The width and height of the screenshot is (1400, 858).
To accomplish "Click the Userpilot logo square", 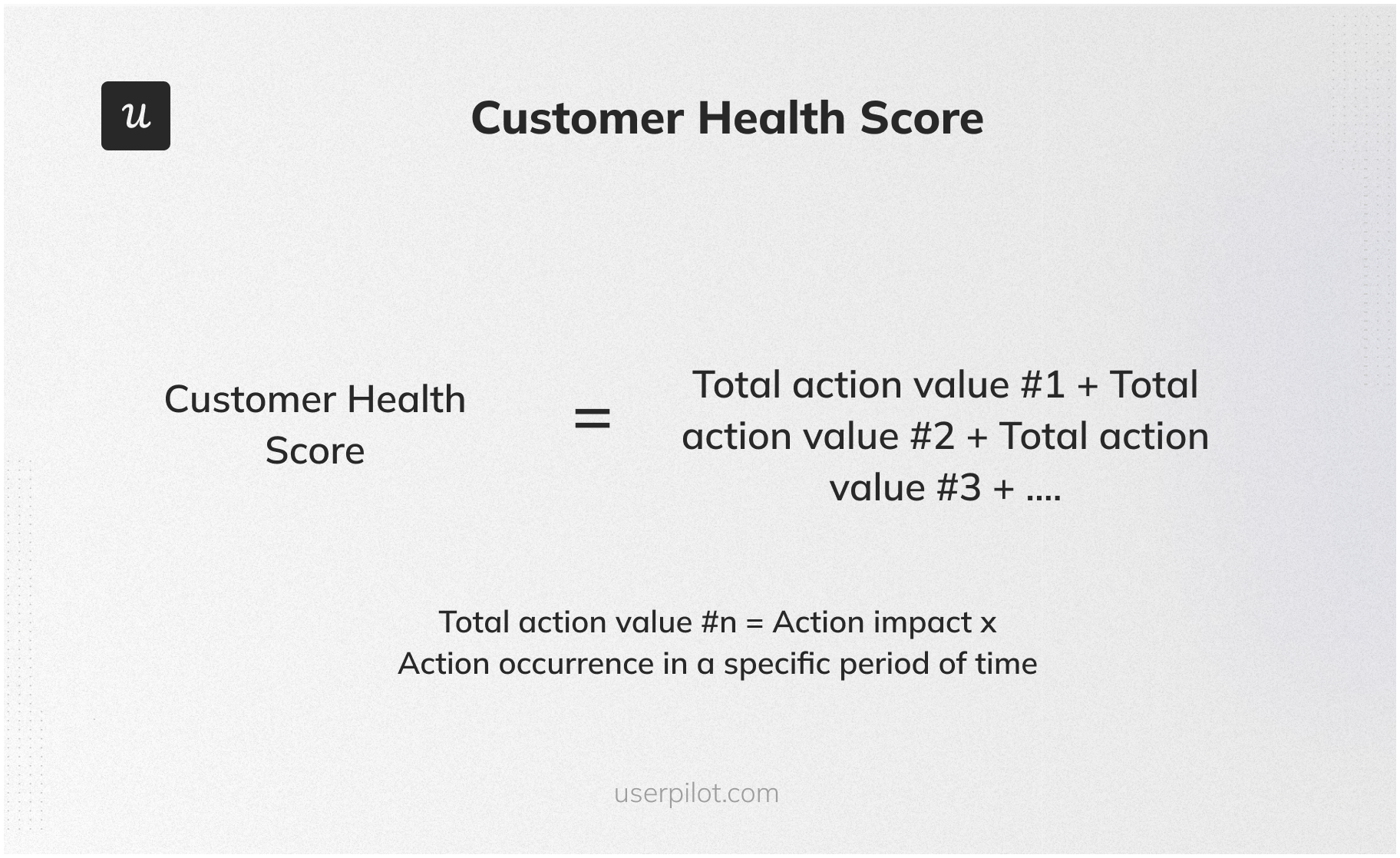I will click(x=136, y=116).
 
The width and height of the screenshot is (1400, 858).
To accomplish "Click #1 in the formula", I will click(x=1043, y=384).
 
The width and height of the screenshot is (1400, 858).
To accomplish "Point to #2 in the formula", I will click(x=933, y=436).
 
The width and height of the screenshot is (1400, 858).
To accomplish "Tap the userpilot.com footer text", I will click(x=696, y=793).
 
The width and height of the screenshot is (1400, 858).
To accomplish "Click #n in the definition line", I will click(x=718, y=622).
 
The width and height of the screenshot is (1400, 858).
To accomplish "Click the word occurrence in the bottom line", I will click(x=576, y=664).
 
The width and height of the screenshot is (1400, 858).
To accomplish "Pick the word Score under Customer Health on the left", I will click(x=315, y=450).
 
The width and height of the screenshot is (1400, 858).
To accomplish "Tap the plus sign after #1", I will click(x=1088, y=386).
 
